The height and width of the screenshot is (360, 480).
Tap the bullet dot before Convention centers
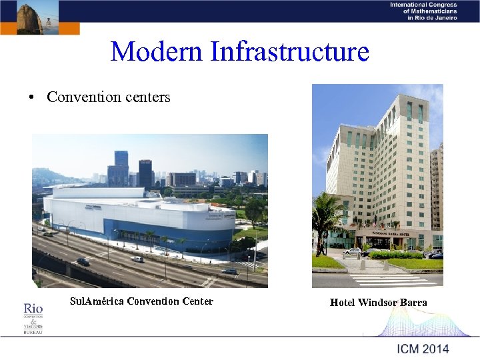click(x=31, y=98)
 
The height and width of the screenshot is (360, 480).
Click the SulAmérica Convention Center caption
click(x=141, y=301)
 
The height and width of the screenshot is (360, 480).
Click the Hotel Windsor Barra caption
click(x=378, y=303)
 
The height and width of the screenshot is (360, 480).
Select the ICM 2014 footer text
click(x=423, y=349)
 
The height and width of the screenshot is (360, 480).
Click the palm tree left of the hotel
click(x=326, y=213)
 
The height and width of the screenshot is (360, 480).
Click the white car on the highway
click(x=137, y=259)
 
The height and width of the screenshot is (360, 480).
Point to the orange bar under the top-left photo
click(x=40, y=28)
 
